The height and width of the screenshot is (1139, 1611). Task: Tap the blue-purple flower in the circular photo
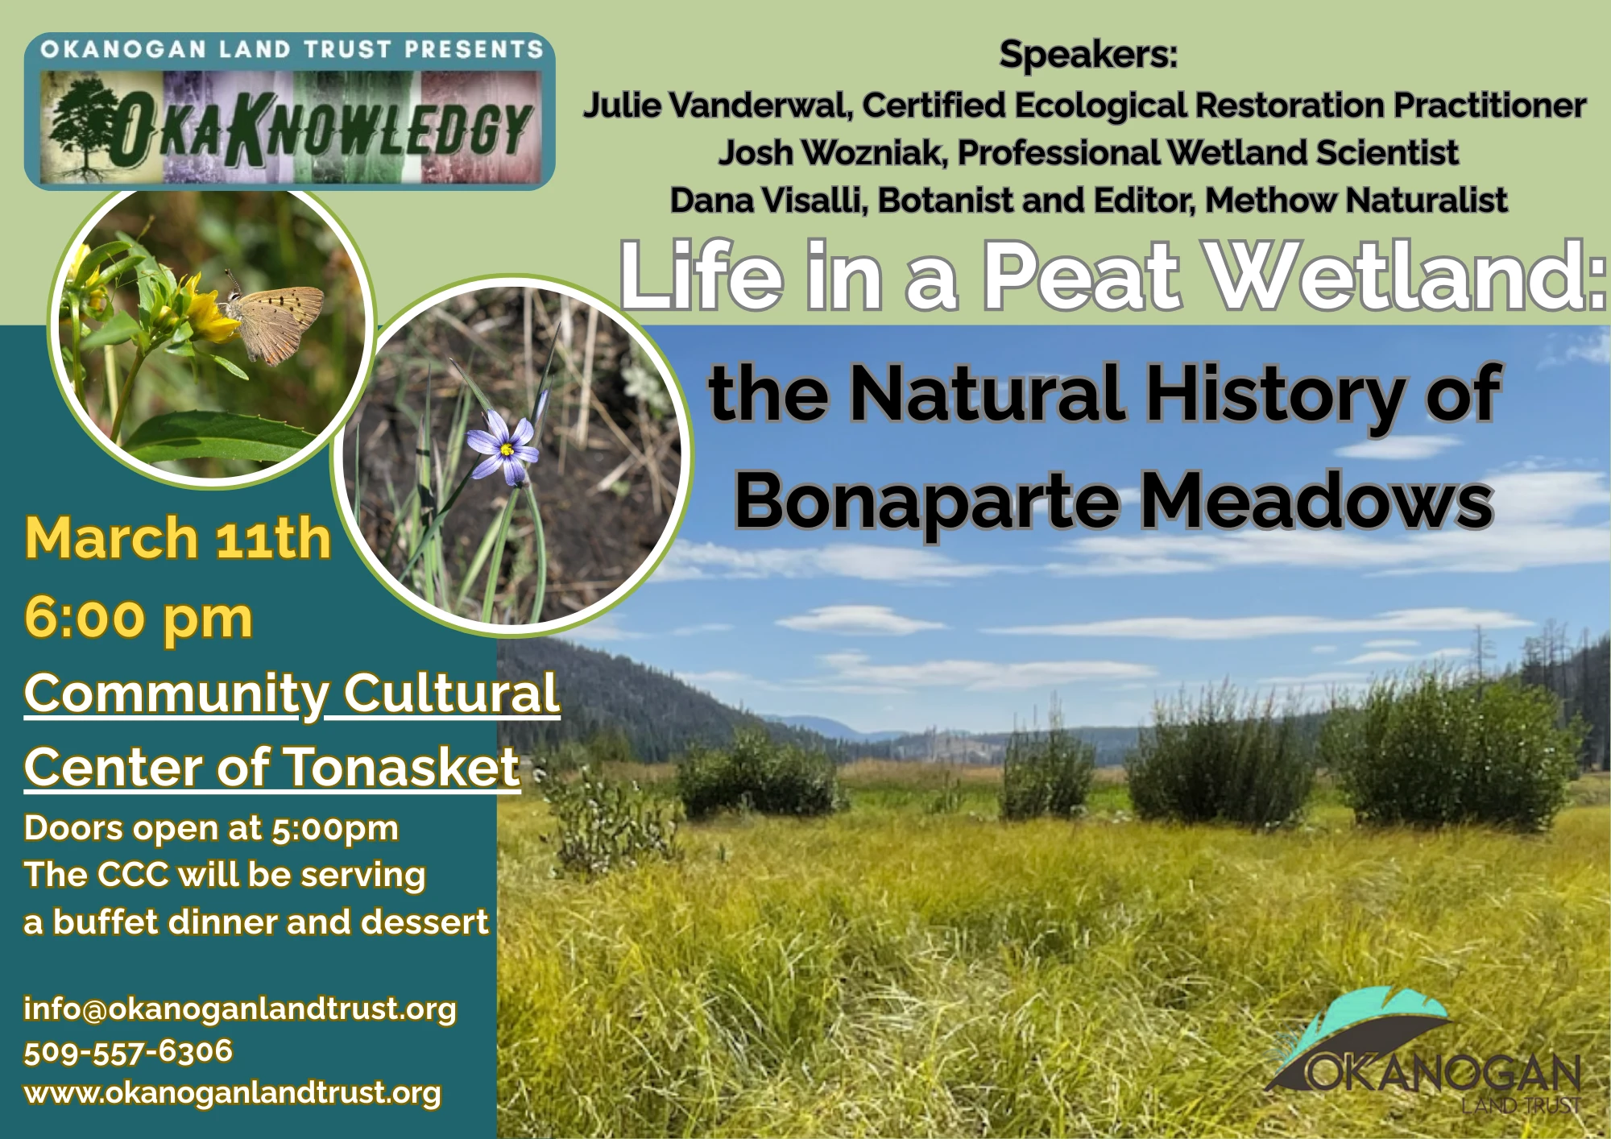[503, 448]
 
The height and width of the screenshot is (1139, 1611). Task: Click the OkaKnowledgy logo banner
[290, 113]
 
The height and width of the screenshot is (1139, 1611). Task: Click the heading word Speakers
[1087, 55]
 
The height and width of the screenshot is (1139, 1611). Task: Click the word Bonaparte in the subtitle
[926, 502]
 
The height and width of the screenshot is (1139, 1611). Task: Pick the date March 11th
[178, 538]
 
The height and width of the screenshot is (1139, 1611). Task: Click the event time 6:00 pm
[139, 618]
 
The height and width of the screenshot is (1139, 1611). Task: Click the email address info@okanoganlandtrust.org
[240, 1009]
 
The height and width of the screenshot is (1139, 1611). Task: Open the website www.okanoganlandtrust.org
[233, 1093]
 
